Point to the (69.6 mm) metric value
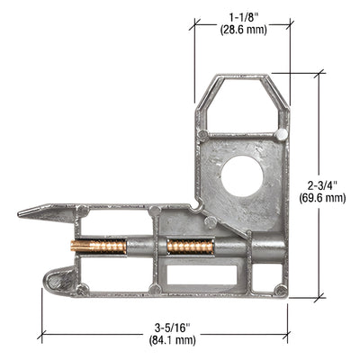321,197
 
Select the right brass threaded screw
190,247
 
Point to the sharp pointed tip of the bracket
22,213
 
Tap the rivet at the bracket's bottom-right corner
281,290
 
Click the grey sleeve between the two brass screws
145,247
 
